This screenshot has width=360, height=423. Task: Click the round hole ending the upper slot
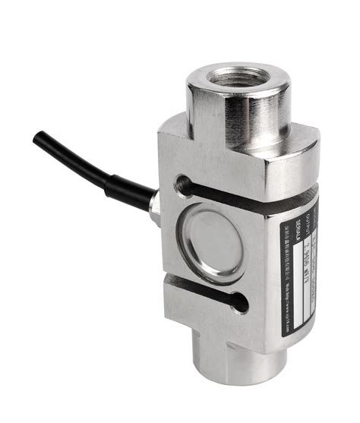[x=182, y=183]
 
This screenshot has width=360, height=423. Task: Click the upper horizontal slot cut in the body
[x=243, y=199]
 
